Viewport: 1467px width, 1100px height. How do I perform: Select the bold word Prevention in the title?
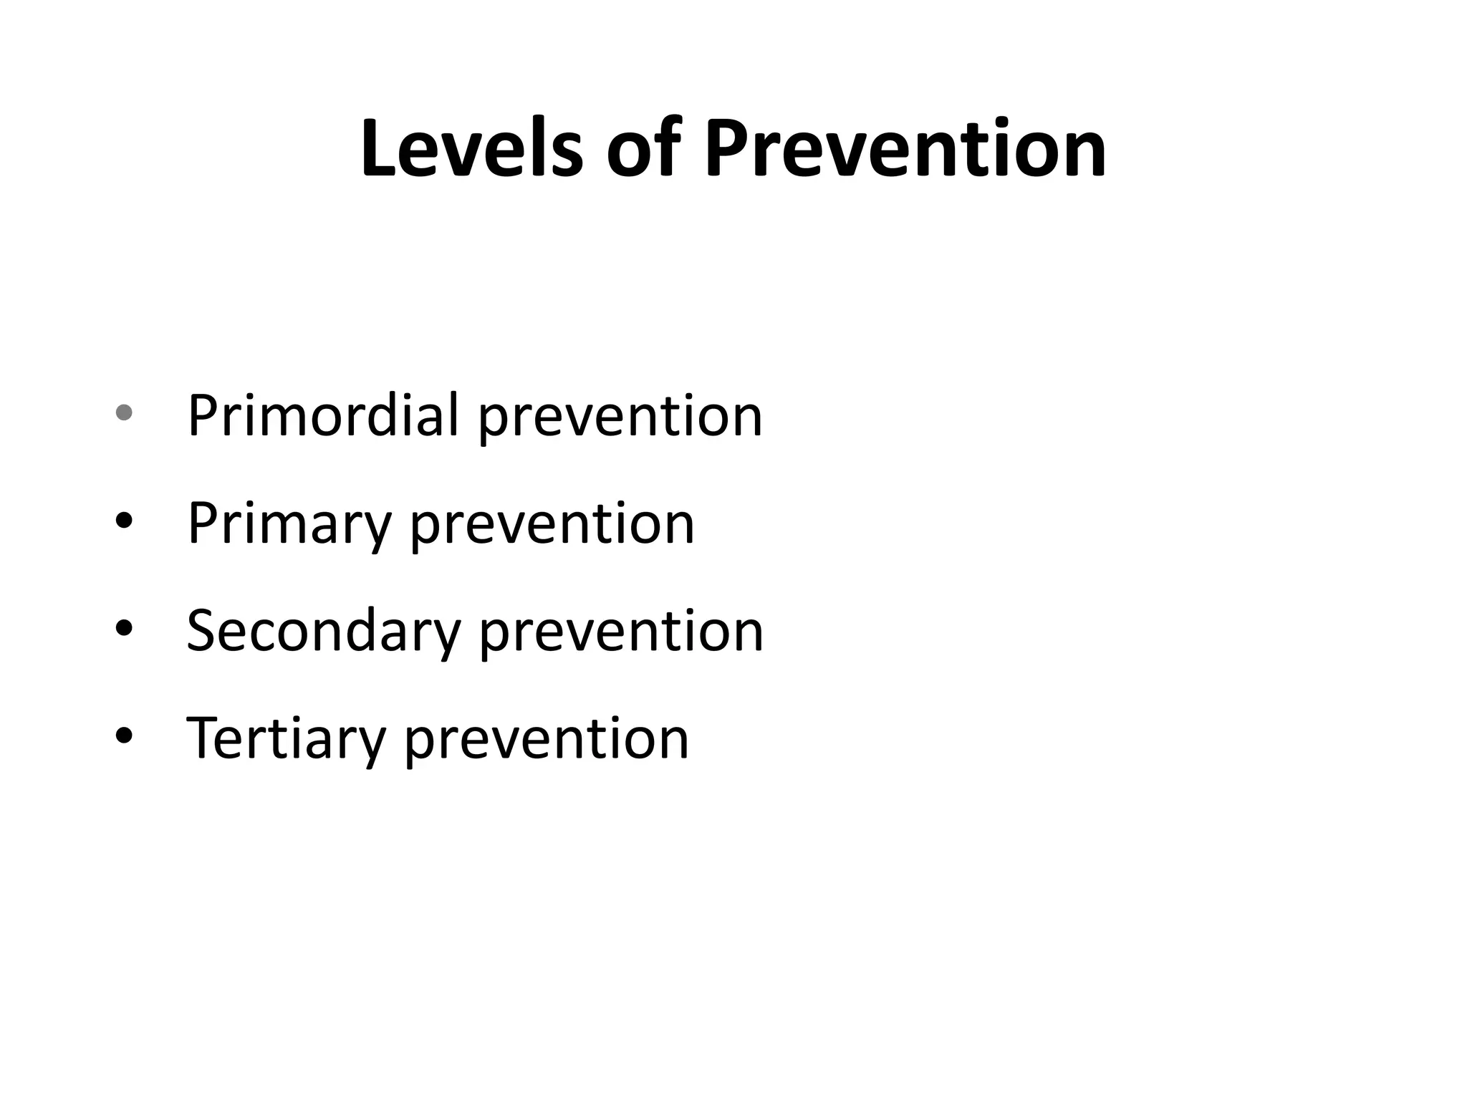(x=905, y=148)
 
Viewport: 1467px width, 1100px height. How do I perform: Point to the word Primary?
(x=289, y=524)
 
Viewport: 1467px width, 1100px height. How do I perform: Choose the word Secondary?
(x=323, y=631)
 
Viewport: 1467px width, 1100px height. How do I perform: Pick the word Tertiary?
(x=286, y=738)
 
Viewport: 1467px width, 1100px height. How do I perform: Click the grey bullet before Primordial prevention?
(x=124, y=412)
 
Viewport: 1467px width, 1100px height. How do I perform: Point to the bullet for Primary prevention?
(x=124, y=521)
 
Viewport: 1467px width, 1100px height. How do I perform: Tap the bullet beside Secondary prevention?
(x=124, y=628)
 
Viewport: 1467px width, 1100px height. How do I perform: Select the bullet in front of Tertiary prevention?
(x=124, y=735)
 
